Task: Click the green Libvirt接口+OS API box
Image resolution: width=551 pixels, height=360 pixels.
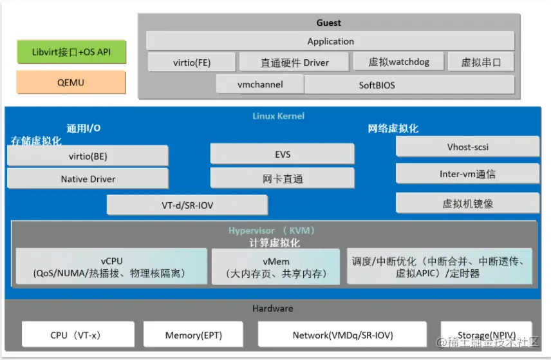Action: pyautogui.click(x=71, y=52)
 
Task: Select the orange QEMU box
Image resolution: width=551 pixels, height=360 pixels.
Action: pyautogui.click(x=71, y=82)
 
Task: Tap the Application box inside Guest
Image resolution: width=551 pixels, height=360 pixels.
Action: pyautogui.click(x=330, y=41)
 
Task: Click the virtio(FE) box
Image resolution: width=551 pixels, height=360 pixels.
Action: pyautogui.click(x=192, y=62)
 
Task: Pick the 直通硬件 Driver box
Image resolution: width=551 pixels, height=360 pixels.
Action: pyautogui.click(x=294, y=62)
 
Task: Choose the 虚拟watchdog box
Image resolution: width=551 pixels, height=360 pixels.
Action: pyautogui.click(x=399, y=62)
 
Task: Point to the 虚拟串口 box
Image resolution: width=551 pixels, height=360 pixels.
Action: pyautogui.click(x=480, y=62)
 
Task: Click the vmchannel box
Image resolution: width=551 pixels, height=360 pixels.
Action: pyautogui.click(x=260, y=84)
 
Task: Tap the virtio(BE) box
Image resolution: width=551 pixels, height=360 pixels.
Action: pyautogui.click(x=88, y=156)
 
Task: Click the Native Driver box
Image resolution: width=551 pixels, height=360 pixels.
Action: pyautogui.click(x=88, y=178)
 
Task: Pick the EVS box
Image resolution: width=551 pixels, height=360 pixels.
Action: pyautogui.click(x=282, y=154)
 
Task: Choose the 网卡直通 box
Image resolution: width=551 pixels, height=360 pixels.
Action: pyautogui.click(x=282, y=178)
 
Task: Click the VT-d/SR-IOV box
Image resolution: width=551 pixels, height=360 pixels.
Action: pyautogui.click(x=187, y=205)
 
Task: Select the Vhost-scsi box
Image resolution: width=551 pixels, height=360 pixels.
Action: pyautogui.click(x=467, y=147)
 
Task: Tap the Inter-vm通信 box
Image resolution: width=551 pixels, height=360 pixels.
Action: pyautogui.click(x=467, y=173)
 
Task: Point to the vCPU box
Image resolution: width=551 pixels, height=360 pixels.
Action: pyautogui.click(x=111, y=267)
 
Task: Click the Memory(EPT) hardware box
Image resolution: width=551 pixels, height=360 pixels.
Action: pyautogui.click(x=193, y=335)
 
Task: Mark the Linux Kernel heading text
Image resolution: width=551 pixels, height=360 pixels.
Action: pyautogui.click(x=278, y=116)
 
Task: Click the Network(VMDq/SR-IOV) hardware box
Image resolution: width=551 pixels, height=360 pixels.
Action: pyautogui.click(x=342, y=335)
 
